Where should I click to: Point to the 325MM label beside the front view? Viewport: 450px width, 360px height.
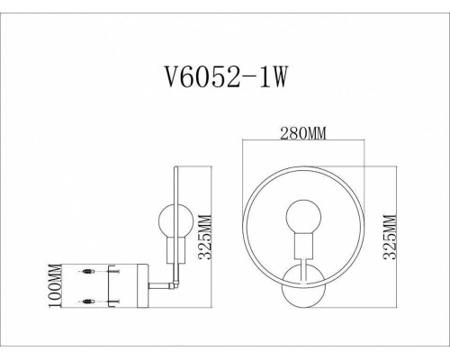point(388,237)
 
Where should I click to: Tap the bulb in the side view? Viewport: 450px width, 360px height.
point(170,219)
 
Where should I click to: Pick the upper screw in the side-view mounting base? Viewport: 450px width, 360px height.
point(90,271)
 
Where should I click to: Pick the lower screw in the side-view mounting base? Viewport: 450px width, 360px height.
point(90,301)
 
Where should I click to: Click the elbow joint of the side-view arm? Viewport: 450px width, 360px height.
point(177,289)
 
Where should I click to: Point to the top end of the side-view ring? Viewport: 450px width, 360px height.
point(175,167)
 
